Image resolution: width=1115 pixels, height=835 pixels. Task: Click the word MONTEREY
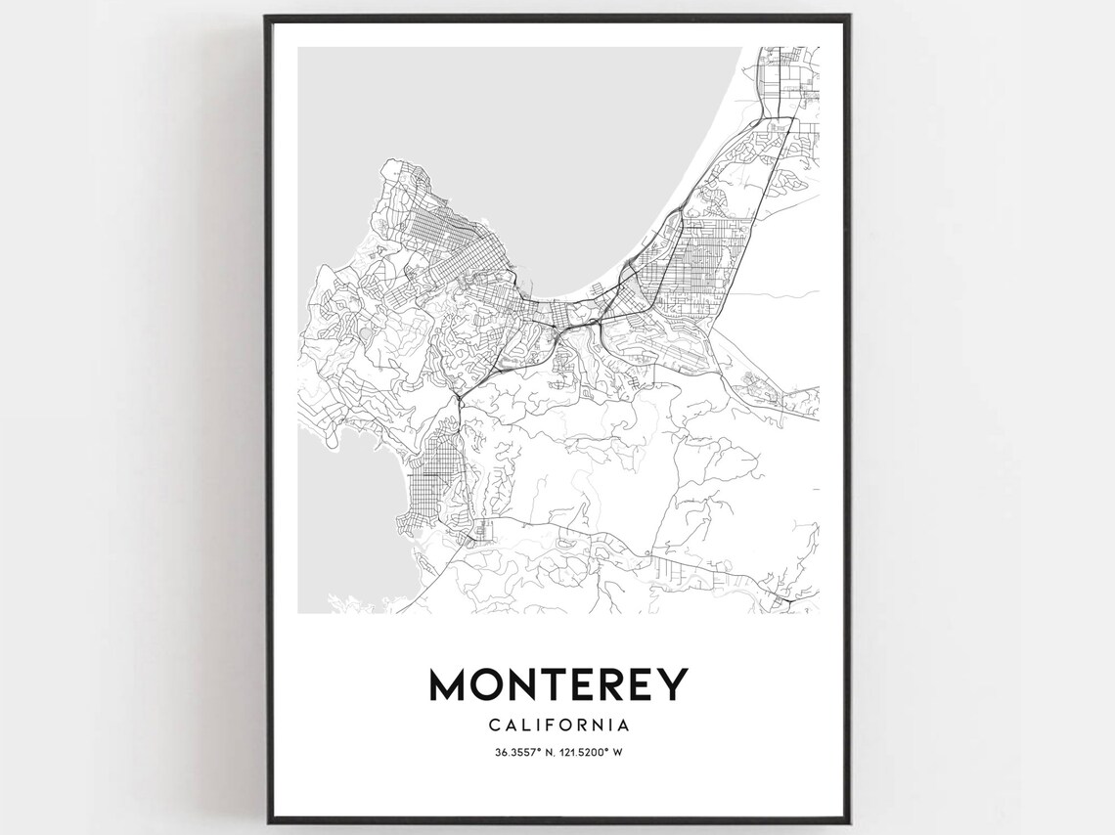point(558,684)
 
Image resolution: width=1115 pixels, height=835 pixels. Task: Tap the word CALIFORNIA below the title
point(558,725)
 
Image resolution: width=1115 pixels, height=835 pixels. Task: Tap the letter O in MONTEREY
point(493,684)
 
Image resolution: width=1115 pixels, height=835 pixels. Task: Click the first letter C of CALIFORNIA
point(493,725)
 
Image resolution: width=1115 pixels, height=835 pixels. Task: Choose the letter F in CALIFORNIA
point(552,725)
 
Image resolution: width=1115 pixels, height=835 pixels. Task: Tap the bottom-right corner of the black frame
point(849,823)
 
